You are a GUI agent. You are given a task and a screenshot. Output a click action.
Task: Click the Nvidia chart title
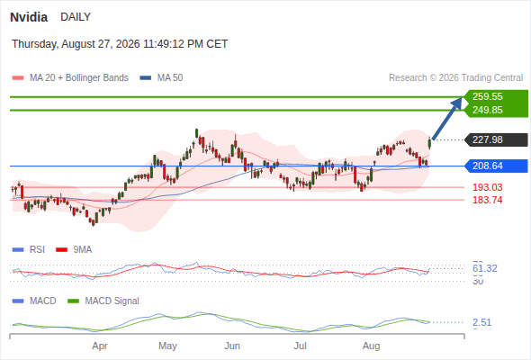29,17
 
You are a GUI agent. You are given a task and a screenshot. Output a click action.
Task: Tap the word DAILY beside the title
76,16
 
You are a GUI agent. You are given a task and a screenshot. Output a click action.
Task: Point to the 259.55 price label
487,96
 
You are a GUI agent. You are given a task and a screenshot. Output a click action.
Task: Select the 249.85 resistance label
487,110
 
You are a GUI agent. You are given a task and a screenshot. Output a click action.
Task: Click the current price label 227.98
487,139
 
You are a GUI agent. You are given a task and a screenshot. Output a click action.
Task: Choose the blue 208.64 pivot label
487,166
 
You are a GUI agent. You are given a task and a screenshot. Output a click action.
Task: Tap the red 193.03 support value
487,187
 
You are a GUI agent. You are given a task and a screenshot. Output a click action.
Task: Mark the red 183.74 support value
487,200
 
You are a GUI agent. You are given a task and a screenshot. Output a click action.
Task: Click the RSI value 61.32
484,268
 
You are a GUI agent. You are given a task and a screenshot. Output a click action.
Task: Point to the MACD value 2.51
481,322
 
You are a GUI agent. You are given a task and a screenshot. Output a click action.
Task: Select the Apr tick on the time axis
100,346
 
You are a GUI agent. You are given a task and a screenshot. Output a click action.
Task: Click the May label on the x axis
167,346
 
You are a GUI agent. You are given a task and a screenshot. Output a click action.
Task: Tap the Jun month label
232,346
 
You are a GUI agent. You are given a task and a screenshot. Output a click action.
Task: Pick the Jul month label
300,346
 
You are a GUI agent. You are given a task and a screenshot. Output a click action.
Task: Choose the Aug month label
371,346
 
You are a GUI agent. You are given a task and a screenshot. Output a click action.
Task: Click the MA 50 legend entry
161,78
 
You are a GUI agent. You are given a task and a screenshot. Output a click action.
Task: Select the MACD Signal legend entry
103,301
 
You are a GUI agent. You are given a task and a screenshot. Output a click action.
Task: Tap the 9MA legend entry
74,249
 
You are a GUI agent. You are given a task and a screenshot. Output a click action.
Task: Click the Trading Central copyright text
455,78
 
